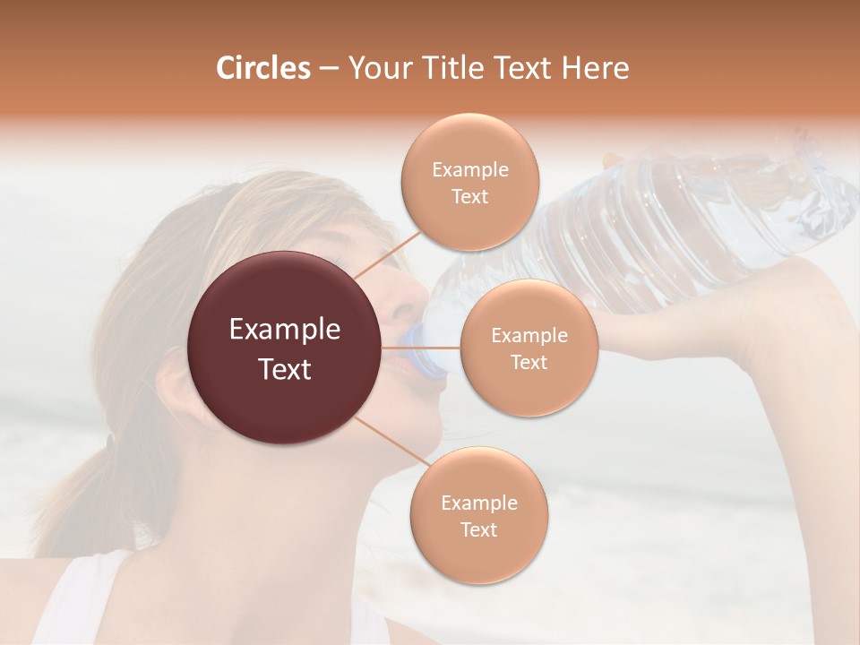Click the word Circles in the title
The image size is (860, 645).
tap(263, 68)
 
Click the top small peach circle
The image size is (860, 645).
tap(469, 182)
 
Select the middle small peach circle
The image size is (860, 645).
tap(529, 348)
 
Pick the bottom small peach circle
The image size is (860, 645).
tap(478, 515)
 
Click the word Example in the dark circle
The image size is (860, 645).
tap(285, 330)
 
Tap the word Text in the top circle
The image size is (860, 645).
tap(469, 196)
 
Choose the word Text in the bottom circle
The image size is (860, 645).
tap(478, 529)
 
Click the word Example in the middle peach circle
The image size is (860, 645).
tap(529, 335)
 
